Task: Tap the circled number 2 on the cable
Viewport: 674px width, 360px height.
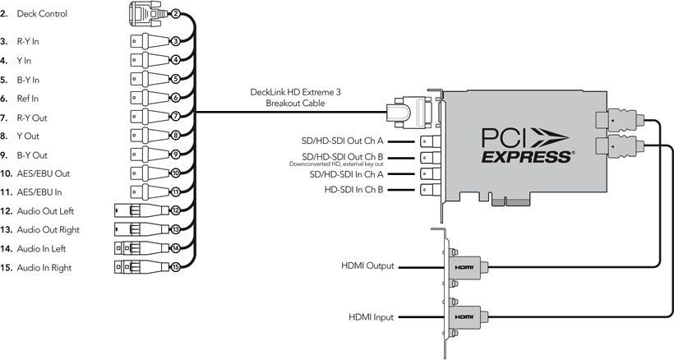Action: (175, 14)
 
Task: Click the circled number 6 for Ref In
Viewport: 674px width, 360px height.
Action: (175, 98)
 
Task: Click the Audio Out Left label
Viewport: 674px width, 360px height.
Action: (52, 211)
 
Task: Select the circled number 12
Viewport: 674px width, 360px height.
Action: (175, 211)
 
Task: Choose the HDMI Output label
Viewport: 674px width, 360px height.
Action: (367, 266)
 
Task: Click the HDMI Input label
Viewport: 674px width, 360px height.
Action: (371, 316)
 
